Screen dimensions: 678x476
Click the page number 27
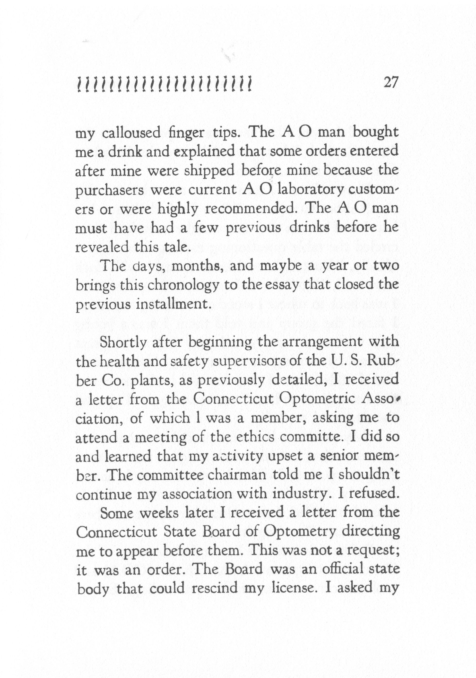tap(391, 83)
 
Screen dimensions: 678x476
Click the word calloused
tap(131, 133)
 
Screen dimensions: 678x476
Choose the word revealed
tap(102, 247)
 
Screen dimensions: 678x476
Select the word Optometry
tap(299, 532)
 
